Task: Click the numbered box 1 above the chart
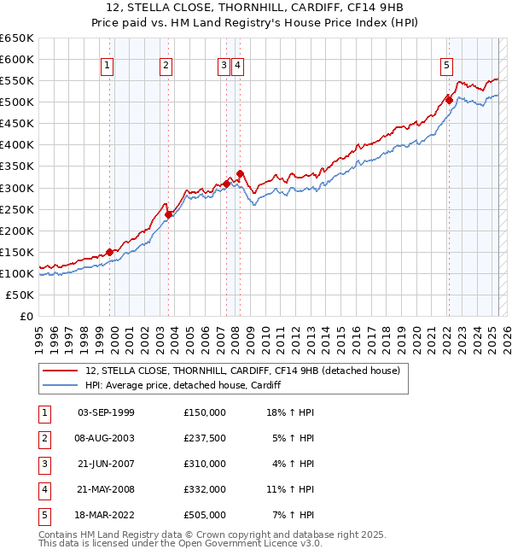(108, 65)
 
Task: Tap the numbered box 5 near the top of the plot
(447, 65)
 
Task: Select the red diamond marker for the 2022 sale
(449, 100)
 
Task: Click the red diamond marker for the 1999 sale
(110, 252)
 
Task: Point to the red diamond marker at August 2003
(169, 214)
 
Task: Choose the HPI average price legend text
(183, 385)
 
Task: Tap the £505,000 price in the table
(205, 515)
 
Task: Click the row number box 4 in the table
(44, 489)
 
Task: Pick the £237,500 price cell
(205, 438)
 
